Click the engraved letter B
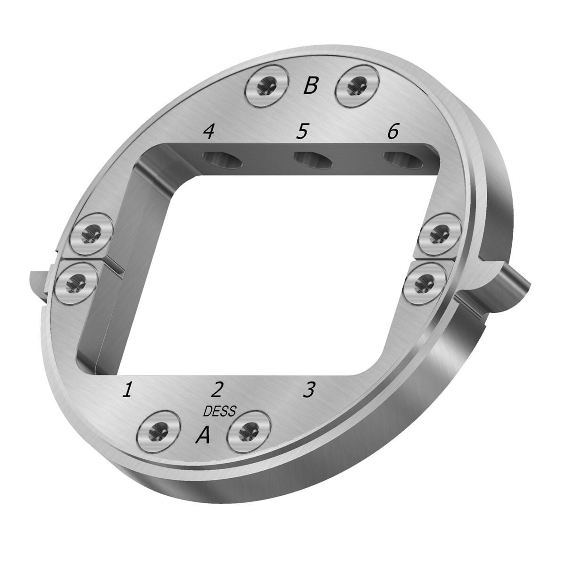click(310, 86)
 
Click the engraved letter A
click(203, 435)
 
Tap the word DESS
click(219, 411)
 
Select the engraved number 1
click(127, 390)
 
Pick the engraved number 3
click(308, 390)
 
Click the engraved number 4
click(208, 132)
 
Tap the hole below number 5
click(312, 160)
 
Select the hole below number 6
click(401, 160)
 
